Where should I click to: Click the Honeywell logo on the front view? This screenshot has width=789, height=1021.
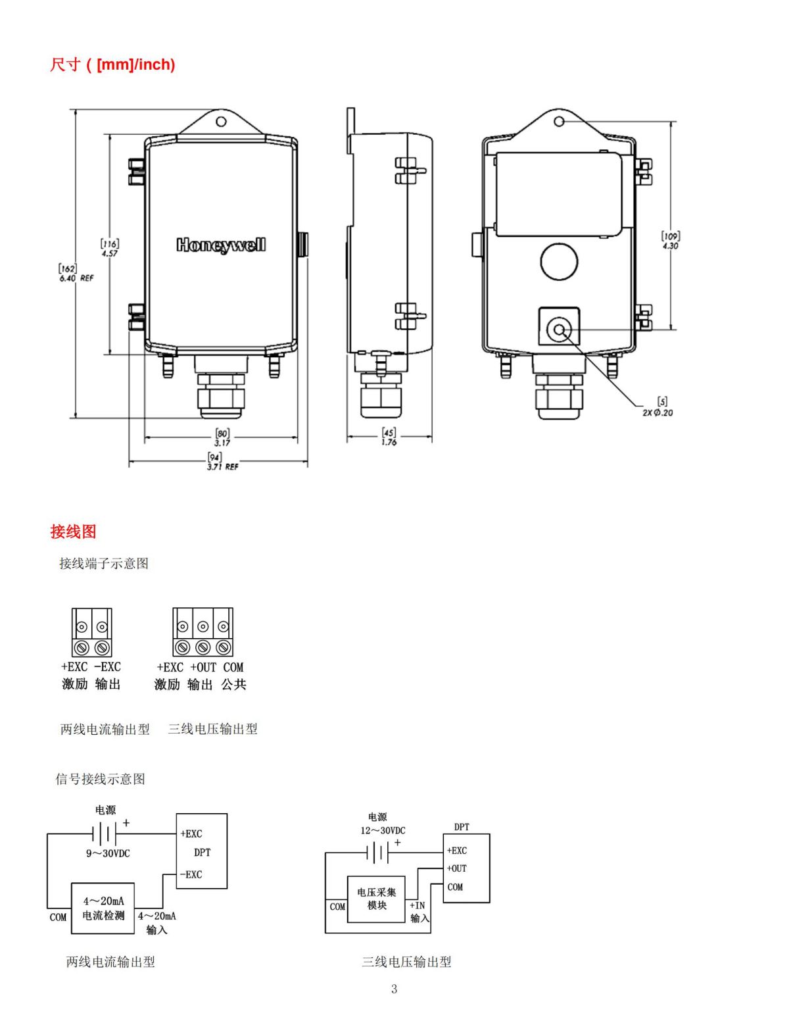click(x=221, y=245)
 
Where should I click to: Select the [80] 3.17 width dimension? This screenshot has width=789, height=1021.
click(x=222, y=438)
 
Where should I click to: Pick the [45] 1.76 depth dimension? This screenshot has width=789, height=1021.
click(x=389, y=437)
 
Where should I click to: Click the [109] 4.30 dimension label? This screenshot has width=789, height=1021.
click(x=670, y=241)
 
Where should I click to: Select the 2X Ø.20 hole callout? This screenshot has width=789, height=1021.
click(x=659, y=408)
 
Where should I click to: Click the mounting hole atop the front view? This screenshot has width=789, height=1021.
click(x=222, y=122)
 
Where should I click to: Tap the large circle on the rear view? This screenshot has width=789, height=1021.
click(x=559, y=261)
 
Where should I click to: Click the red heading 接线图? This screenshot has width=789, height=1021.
click(x=73, y=532)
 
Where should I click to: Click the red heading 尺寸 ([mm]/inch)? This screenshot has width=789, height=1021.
click(x=112, y=64)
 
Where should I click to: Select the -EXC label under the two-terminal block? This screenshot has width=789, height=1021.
click(x=107, y=666)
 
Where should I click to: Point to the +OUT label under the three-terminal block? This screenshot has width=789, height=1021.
click(x=203, y=667)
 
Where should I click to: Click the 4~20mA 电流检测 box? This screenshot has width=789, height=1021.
click(x=103, y=909)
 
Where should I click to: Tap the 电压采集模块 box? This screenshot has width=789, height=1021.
click(x=376, y=899)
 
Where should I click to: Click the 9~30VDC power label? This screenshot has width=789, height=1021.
click(x=108, y=853)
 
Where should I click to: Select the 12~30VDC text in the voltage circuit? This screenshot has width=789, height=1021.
click(x=382, y=830)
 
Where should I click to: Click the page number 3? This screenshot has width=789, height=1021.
click(x=394, y=989)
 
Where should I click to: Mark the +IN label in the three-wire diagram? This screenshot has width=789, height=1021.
click(x=418, y=905)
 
